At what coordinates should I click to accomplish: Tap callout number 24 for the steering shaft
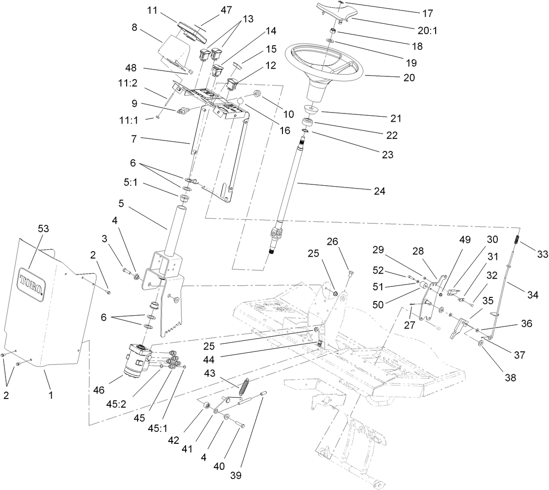pos(379,191)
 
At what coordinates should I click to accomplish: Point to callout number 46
pos(99,390)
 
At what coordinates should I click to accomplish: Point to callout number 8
pos(134,27)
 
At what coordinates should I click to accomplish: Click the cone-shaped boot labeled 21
pos(311,108)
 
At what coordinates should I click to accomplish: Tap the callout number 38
pos(510,377)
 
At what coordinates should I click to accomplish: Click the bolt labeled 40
pos(239,425)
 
